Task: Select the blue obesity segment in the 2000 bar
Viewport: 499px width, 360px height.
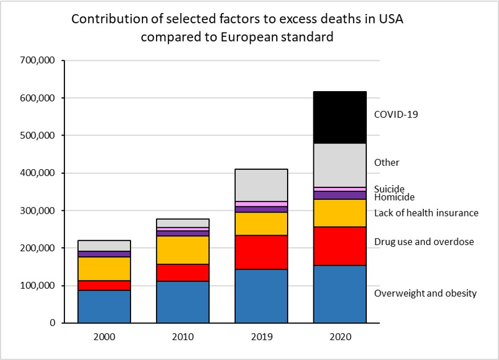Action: (104, 306)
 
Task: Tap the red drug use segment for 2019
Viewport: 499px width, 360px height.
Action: (261, 252)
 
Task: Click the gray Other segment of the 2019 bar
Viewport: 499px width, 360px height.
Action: (261, 185)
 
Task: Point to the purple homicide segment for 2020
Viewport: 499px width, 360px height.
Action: (340, 195)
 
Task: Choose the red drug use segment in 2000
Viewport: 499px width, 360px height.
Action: (104, 285)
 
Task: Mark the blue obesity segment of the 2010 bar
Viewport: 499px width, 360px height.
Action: (183, 302)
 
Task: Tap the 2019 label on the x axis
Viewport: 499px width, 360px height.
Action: (261, 337)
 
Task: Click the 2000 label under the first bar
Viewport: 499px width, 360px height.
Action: (104, 337)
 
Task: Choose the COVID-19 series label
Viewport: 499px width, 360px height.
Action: (396, 114)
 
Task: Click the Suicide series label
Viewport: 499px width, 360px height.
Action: (389, 189)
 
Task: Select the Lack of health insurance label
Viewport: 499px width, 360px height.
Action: (426, 213)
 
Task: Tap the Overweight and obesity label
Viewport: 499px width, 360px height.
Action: (425, 293)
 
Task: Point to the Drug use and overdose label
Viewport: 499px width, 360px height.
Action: (424, 242)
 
